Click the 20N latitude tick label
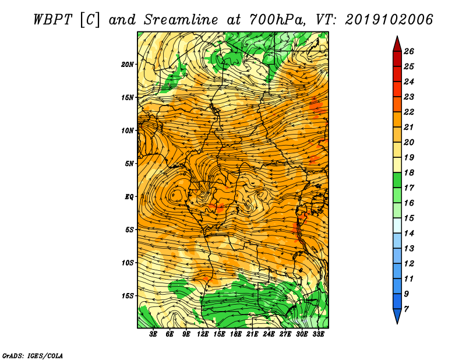(127, 65)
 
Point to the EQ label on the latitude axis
(129, 197)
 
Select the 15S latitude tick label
(127, 296)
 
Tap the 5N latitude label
(129, 164)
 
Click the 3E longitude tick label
(153, 334)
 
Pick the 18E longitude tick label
(236, 334)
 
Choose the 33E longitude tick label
(318, 334)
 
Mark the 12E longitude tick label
(203, 334)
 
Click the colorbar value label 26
(409, 51)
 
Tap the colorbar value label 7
(406, 309)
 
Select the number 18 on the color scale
(409, 172)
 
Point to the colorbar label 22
(409, 112)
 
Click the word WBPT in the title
(52, 20)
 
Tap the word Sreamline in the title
(181, 20)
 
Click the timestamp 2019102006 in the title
(389, 20)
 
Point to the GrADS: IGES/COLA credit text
(33, 356)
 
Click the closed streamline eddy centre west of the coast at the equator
(177, 195)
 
